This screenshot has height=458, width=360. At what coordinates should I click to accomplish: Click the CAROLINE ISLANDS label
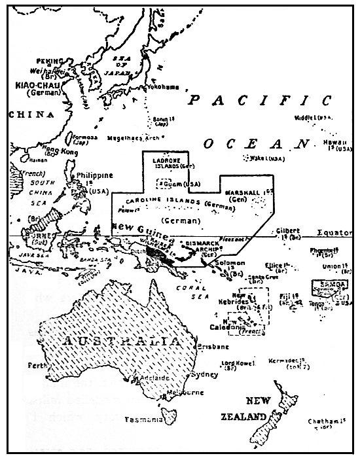point(158,202)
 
